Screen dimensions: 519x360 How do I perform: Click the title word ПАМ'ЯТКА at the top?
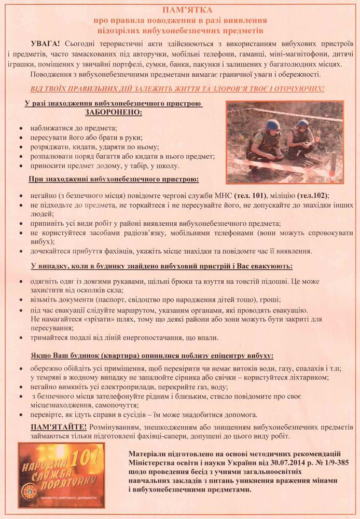(179, 10)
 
